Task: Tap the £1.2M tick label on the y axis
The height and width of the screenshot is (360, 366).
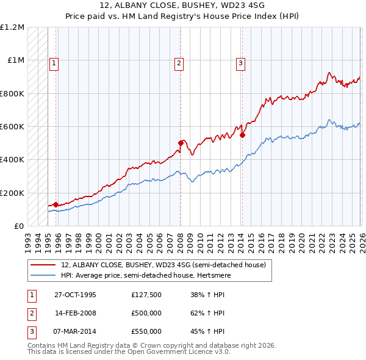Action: point(13,27)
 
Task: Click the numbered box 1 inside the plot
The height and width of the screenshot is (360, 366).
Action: point(54,62)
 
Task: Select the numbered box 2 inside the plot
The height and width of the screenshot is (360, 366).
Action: point(179,62)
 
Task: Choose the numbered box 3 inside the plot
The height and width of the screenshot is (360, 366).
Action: point(240,62)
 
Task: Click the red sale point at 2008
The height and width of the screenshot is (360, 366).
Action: point(181,143)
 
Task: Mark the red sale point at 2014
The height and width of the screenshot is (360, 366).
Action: point(242,135)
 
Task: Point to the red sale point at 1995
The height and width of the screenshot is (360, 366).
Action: point(56,204)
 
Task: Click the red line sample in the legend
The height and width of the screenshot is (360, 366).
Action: point(44,265)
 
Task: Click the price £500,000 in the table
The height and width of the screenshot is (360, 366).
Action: point(146,313)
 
